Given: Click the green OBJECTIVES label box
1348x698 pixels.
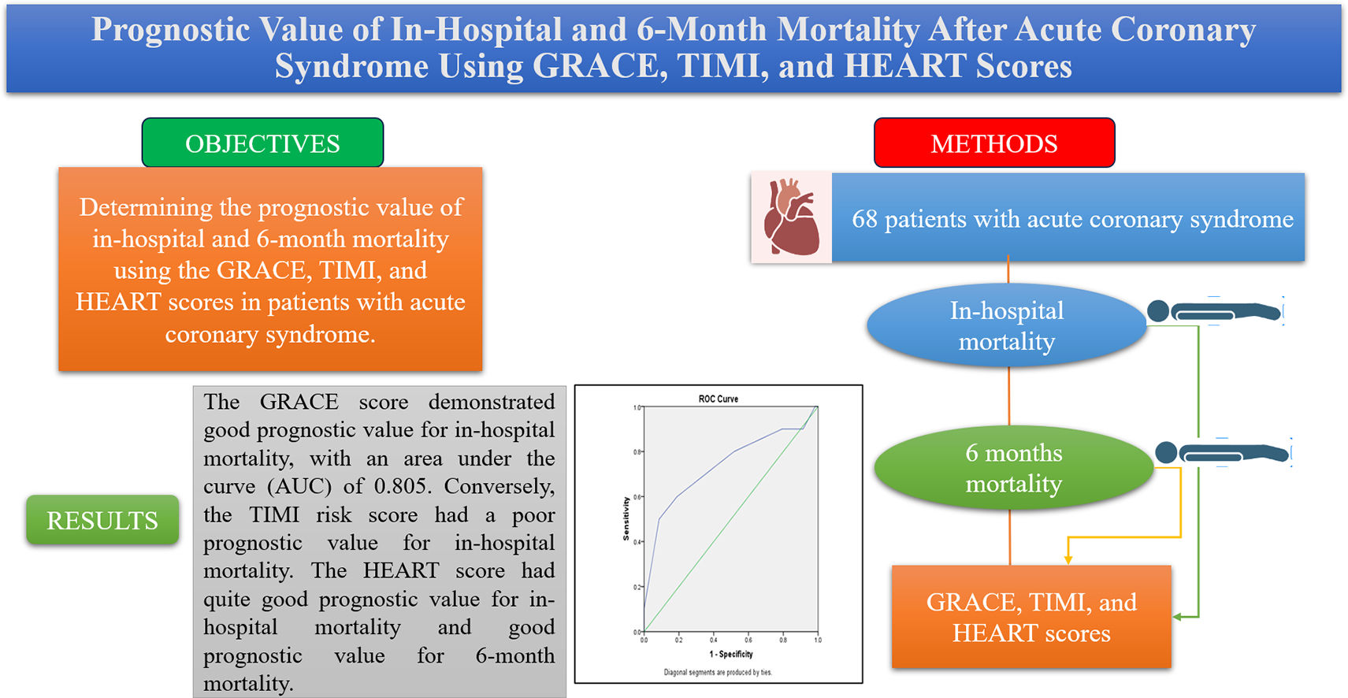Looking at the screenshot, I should point(262,143).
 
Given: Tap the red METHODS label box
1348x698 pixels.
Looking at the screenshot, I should point(994,143).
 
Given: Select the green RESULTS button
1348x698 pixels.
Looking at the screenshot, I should point(102,520).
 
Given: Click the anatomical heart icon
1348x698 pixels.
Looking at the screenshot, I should point(791,217).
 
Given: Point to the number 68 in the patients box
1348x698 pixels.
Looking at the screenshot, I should point(864,219).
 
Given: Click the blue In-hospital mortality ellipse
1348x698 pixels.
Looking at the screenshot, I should point(1006,325).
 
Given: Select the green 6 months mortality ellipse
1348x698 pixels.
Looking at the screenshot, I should point(1013,467).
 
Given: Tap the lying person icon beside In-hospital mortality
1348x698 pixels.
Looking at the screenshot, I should point(1213,311).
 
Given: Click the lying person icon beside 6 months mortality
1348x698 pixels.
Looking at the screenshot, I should point(1222,453).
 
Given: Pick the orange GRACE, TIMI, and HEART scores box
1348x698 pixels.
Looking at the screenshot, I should point(1031,617).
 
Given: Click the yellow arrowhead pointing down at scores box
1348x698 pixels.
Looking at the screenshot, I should point(1068,559).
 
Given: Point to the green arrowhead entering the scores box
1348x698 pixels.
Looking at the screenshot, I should point(1178,617).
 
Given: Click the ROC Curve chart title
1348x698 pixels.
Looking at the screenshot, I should point(718,399).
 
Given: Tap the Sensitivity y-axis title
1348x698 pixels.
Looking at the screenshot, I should point(626,518).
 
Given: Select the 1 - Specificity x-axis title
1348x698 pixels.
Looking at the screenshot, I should point(731,654).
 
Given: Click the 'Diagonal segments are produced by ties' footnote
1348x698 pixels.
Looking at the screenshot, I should point(718,672).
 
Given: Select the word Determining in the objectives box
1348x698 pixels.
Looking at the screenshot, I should point(146,207).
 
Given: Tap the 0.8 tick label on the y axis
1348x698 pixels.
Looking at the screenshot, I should point(637,452).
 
